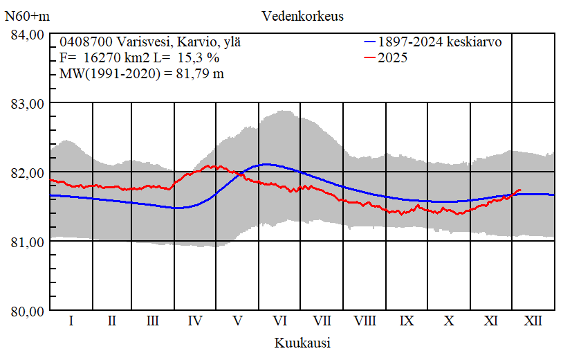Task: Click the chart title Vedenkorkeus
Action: [302, 15]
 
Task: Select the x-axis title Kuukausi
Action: [302, 343]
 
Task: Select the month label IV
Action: [195, 321]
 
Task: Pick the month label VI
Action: [280, 321]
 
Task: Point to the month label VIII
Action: [365, 321]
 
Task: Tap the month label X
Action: [449, 321]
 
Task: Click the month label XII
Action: [533, 321]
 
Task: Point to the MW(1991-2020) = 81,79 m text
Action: [142, 73]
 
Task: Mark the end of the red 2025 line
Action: [520, 190]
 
